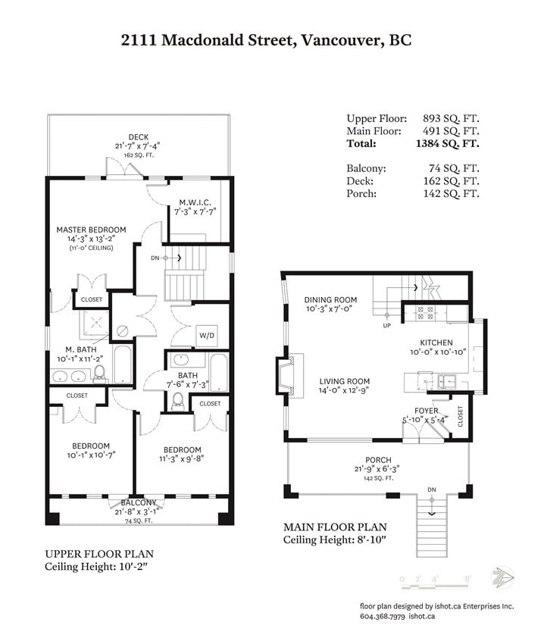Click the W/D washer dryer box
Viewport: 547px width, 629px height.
(207, 336)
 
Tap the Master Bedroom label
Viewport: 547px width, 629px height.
(91, 230)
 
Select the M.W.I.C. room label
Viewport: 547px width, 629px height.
(195, 202)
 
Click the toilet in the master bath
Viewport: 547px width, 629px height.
(99, 374)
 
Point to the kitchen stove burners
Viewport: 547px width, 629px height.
(425, 313)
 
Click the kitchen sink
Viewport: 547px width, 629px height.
(446, 381)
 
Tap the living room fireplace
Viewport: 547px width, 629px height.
(289, 375)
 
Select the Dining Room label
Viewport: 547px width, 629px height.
(330, 299)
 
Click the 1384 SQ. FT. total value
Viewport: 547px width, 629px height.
(448, 144)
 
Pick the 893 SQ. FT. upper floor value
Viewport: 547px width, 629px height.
(451, 119)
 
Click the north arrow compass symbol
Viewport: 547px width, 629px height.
(502, 577)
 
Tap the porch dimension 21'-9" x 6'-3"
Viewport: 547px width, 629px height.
(377, 469)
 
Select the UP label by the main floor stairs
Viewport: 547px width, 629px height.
(386, 325)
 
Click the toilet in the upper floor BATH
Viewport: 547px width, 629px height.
(177, 402)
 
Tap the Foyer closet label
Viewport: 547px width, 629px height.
(460, 416)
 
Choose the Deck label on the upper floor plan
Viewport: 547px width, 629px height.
(139, 137)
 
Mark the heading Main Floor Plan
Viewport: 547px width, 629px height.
(336, 527)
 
